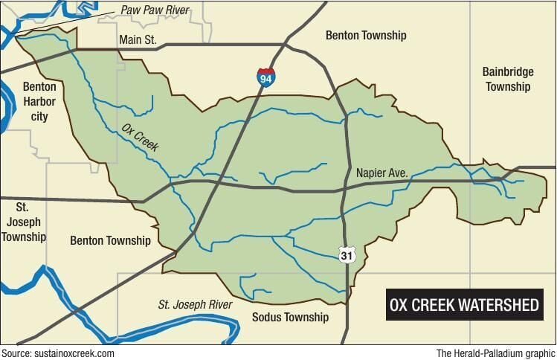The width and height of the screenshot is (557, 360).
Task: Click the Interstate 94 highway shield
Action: point(265,77)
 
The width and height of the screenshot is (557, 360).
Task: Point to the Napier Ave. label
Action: point(382,173)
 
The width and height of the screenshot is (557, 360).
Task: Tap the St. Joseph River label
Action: point(195,304)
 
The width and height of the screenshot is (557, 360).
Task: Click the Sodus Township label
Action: point(291,317)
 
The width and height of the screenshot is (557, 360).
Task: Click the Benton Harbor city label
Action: point(39,101)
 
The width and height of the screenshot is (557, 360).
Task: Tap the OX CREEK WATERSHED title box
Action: point(465,306)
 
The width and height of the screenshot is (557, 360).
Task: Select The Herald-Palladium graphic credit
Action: point(496,353)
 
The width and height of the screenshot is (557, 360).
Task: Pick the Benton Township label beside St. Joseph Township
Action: point(110,240)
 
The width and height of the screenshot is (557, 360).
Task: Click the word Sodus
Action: point(268,317)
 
